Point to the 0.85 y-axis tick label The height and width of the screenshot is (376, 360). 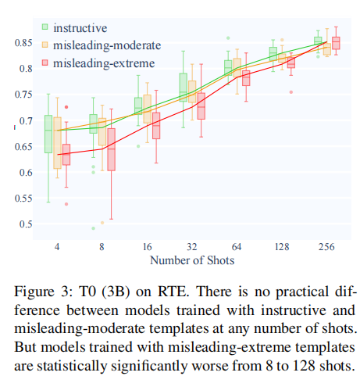click(23, 43)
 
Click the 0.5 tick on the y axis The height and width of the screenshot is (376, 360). click(26, 224)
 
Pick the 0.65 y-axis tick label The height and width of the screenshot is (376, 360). click(23, 146)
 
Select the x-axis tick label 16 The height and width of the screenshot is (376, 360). click(147, 246)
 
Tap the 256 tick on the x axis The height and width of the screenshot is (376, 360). click(326, 246)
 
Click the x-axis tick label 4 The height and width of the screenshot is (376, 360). click(57, 246)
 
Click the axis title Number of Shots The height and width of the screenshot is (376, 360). click(192, 260)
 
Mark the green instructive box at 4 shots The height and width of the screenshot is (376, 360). click(48, 134)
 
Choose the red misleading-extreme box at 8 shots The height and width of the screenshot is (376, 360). click(112, 149)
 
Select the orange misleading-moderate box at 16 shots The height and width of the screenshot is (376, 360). click(148, 109)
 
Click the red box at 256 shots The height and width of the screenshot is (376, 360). click(336, 43)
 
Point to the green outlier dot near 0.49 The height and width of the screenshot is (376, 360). click(93, 228)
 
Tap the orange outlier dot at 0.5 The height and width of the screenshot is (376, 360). click(102, 223)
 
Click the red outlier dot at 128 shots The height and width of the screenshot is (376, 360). click(291, 92)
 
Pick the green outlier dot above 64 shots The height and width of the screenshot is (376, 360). click(228, 38)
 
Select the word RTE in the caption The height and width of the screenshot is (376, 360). click(173, 292)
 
